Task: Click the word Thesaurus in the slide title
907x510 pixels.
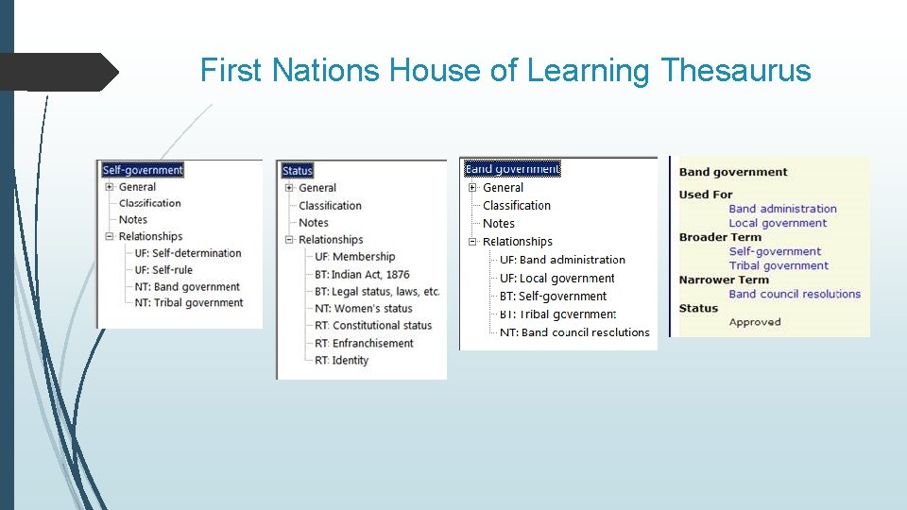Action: point(736,71)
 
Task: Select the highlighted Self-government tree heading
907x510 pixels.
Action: point(143,170)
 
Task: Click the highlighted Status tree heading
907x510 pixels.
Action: point(297,171)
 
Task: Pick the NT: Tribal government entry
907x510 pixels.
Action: point(189,303)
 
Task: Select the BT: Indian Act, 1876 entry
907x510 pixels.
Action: point(362,275)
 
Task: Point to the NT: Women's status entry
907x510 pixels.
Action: point(364,309)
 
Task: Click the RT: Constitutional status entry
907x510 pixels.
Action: point(373,326)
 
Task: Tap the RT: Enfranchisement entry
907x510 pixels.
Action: point(364,343)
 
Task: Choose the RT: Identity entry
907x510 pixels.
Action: point(341,360)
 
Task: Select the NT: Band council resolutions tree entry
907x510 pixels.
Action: point(574,332)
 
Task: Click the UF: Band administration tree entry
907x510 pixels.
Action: point(562,260)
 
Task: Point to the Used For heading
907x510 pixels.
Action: point(706,195)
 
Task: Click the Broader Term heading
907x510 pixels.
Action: point(719,237)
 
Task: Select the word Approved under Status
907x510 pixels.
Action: point(755,322)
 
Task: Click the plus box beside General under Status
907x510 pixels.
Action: point(290,188)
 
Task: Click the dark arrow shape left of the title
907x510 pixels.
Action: point(59,72)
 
